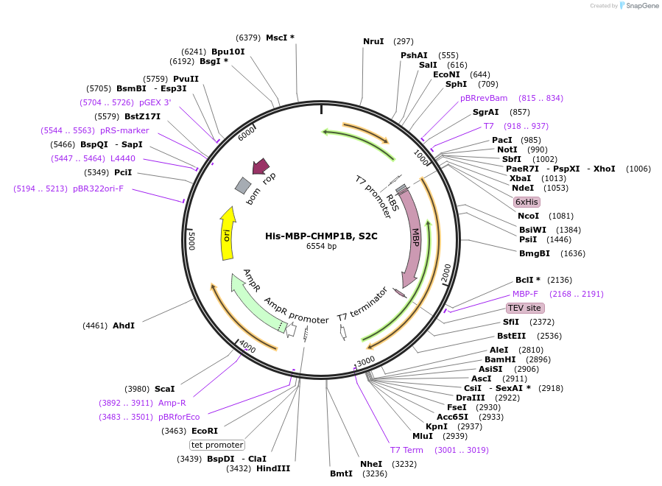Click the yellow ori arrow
(x=228, y=234)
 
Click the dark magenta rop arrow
(x=260, y=167)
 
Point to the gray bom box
(x=243, y=186)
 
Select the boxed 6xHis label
(x=527, y=202)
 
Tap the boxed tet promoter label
(x=217, y=445)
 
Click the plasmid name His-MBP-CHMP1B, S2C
(x=321, y=236)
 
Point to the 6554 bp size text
(x=321, y=246)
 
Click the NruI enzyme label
(x=373, y=41)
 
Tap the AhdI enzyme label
(x=124, y=325)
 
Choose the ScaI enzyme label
(x=164, y=389)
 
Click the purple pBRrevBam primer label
(x=484, y=98)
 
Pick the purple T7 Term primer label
(x=406, y=450)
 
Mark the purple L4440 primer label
(x=123, y=158)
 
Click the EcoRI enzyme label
(x=205, y=431)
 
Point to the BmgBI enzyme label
(x=535, y=253)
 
